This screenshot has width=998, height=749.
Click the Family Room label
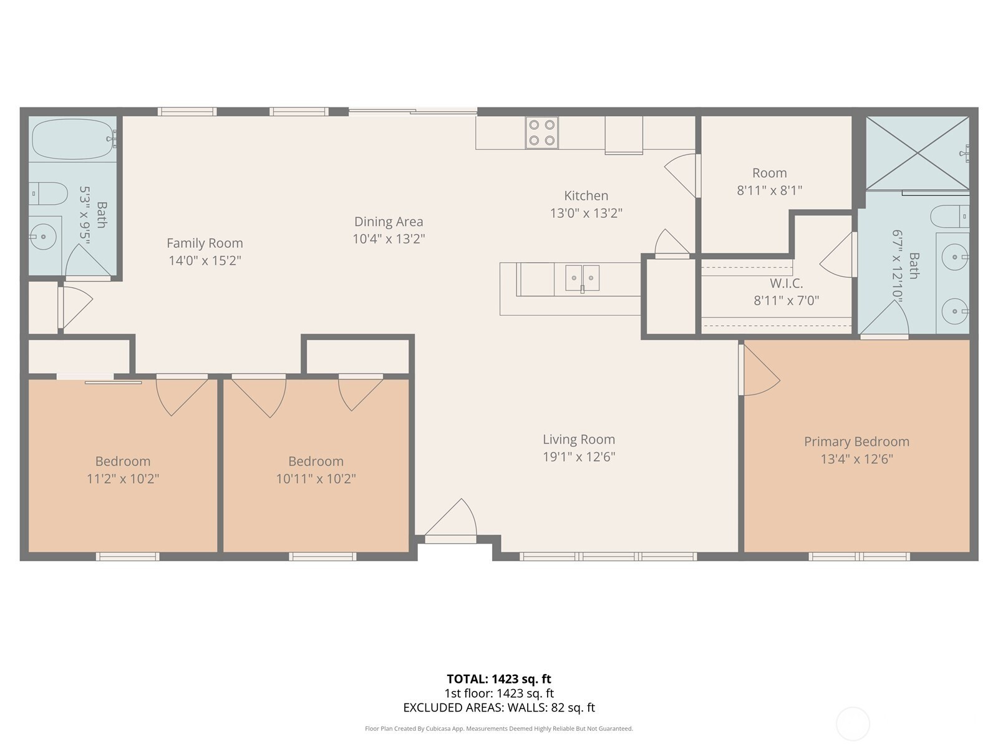(205, 243)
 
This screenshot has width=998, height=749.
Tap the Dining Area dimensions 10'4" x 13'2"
(389, 239)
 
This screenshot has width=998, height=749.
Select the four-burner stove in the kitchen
(541, 133)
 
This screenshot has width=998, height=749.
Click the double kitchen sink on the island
(582, 278)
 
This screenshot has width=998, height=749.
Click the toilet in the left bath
(48, 193)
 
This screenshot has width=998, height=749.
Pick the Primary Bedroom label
(856, 441)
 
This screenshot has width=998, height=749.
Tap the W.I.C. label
(786, 283)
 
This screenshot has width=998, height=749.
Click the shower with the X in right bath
(918, 153)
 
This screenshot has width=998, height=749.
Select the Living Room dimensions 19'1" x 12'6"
(579, 457)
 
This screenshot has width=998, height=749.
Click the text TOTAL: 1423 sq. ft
(499, 679)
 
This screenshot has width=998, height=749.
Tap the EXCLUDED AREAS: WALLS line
(499, 708)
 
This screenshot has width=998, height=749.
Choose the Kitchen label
(586, 195)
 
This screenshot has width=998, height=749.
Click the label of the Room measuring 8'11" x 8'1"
(769, 173)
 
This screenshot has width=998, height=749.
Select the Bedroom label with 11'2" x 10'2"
(123, 461)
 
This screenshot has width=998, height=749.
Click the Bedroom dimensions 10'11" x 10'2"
(316, 478)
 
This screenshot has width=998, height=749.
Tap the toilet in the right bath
(950, 216)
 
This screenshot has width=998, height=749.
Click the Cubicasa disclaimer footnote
(499, 728)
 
